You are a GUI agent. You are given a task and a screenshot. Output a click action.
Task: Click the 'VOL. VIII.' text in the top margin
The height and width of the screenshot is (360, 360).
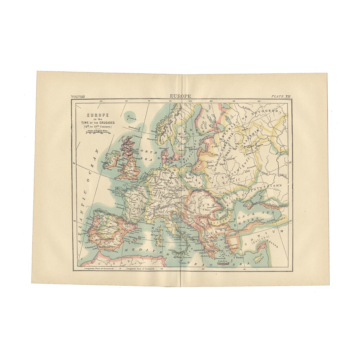pyautogui.click(x=78, y=96)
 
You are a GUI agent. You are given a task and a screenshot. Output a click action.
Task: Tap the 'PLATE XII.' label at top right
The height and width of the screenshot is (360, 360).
pyautogui.click(x=281, y=96)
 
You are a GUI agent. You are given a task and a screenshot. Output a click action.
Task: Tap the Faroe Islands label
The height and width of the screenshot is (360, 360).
pyautogui.click(x=133, y=119)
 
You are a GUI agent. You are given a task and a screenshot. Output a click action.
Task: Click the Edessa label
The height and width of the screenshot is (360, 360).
pyautogui.click(x=272, y=246)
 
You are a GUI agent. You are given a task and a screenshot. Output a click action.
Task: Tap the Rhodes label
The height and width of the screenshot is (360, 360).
pyautogui.click(x=240, y=257)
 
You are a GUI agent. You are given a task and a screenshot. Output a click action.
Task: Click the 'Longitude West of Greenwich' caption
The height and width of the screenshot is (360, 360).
pyautogui.click(x=99, y=268)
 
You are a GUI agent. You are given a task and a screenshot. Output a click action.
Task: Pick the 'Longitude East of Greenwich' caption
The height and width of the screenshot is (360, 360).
pyautogui.click(x=140, y=268)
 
